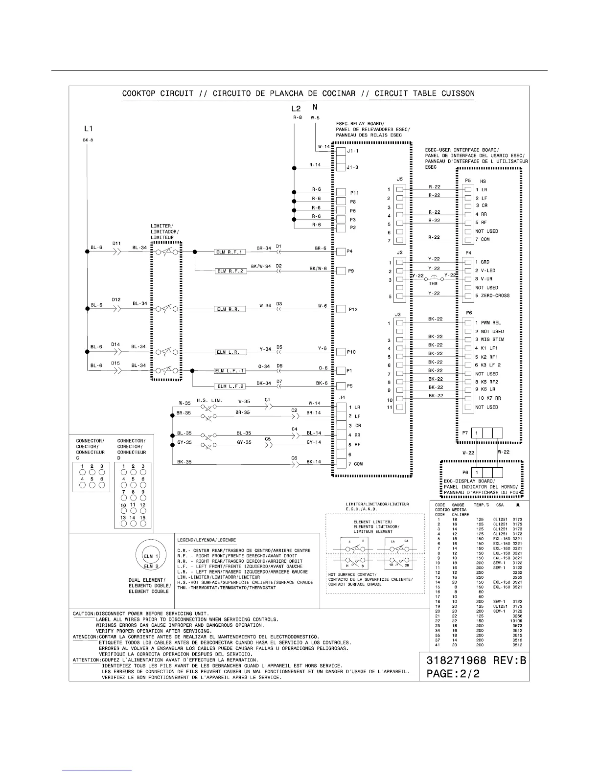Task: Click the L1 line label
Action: (x=88, y=129)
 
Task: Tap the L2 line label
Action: (x=295, y=108)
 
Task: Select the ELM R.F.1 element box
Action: (x=229, y=252)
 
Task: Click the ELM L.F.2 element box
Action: (x=229, y=387)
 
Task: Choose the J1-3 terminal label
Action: (x=352, y=167)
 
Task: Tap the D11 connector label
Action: (x=116, y=243)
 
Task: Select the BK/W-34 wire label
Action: (x=261, y=266)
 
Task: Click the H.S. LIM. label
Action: (x=209, y=400)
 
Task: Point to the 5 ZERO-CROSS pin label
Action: (x=492, y=296)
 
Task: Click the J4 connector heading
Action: (x=342, y=397)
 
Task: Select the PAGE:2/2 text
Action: (x=454, y=674)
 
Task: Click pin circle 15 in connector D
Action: (x=143, y=524)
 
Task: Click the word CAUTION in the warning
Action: (x=84, y=614)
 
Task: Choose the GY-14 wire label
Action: (x=314, y=442)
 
